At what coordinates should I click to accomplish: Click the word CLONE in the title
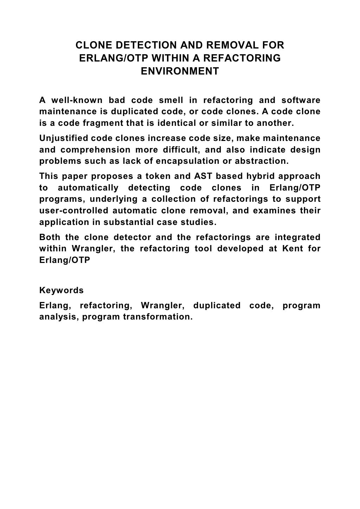pos(92,45)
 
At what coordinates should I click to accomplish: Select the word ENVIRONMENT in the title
pos(180,71)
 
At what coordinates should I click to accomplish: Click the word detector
pos(132,237)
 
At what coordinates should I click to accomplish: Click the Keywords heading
pos(62,290)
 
